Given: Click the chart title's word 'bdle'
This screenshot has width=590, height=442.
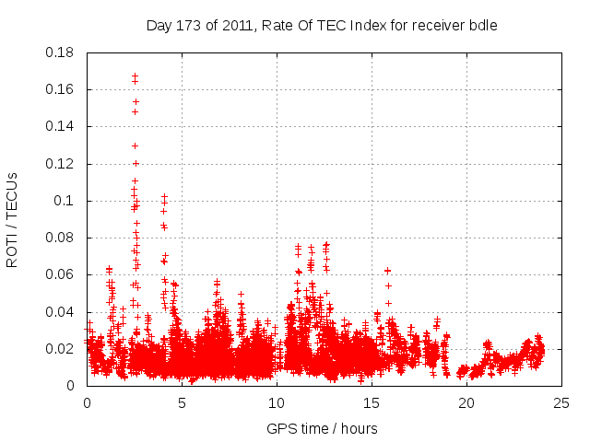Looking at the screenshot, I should pyautogui.click(x=483, y=26).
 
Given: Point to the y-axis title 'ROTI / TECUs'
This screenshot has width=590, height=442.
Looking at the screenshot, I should pyautogui.click(x=12, y=219).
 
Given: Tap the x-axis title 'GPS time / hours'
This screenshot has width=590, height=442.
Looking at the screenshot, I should pyautogui.click(x=322, y=428).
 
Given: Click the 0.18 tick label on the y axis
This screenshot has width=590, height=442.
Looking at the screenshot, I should pyautogui.click(x=61, y=52).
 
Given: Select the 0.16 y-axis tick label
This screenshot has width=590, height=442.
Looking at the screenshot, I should pyautogui.click(x=61, y=89).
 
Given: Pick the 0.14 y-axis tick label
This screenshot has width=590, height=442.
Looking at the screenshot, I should pyautogui.click(x=61, y=126).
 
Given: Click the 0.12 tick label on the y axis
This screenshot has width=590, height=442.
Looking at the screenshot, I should pyautogui.click(x=61, y=164).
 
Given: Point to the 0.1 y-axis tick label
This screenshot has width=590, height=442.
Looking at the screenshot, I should pyautogui.click(x=65, y=201).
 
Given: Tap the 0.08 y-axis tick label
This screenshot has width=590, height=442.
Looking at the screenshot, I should pyautogui.click(x=61, y=238).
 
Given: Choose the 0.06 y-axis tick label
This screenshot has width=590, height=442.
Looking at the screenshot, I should pyautogui.click(x=61, y=274).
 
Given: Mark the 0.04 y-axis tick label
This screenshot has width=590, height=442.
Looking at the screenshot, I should pyautogui.click(x=61, y=312).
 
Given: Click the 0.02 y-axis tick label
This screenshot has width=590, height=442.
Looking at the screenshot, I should pyautogui.click(x=61, y=349).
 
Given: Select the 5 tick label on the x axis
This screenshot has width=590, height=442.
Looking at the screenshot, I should pyautogui.click(x=182, y=402).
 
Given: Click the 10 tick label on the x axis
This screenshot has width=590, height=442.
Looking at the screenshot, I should pyautogui.click(x=277, y=402).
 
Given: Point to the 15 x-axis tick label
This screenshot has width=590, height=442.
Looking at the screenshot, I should pyautogui.click(x=372, y=402).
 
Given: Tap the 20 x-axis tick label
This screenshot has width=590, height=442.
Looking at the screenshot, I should pyautogui.click(x=466, y=402).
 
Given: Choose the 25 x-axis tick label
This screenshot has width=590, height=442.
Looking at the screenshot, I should pyautogui.click(x=561, y=402).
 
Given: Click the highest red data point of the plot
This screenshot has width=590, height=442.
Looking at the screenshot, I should pyautogui.click(x=135, y=76).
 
